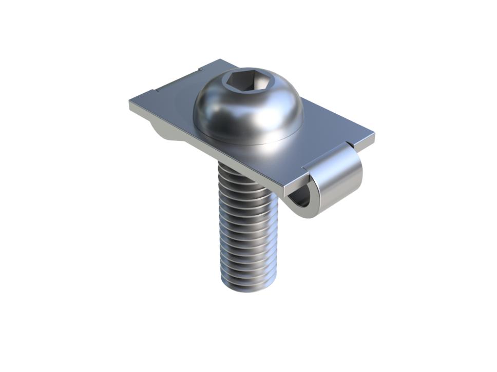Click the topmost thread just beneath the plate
pyautogui.click(x=241, y=172)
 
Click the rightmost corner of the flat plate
pyautogui.click(x=374, y=135)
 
